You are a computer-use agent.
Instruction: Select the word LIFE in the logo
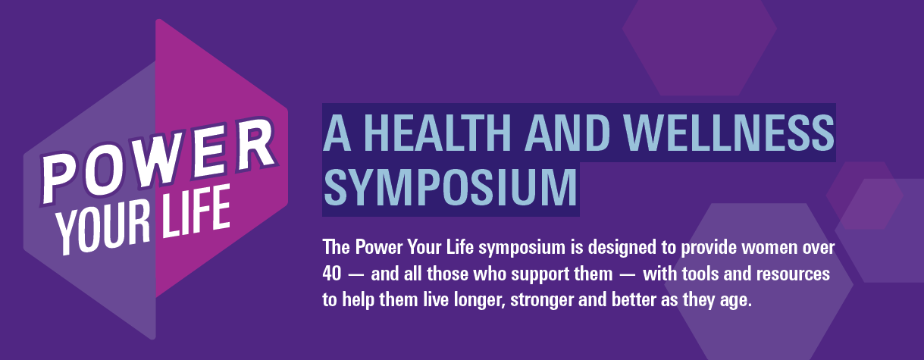[x=195, y=212]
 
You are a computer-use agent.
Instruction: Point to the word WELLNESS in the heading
[x=729, y=133]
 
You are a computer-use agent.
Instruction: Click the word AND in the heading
[x=567, y=133]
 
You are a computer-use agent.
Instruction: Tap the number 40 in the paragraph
[x=332, y=274]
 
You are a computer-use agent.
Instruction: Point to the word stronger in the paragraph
[x=542, y=300]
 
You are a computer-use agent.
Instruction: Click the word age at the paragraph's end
[x=736, y=301]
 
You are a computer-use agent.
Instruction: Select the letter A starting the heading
[x=337, y=133]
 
